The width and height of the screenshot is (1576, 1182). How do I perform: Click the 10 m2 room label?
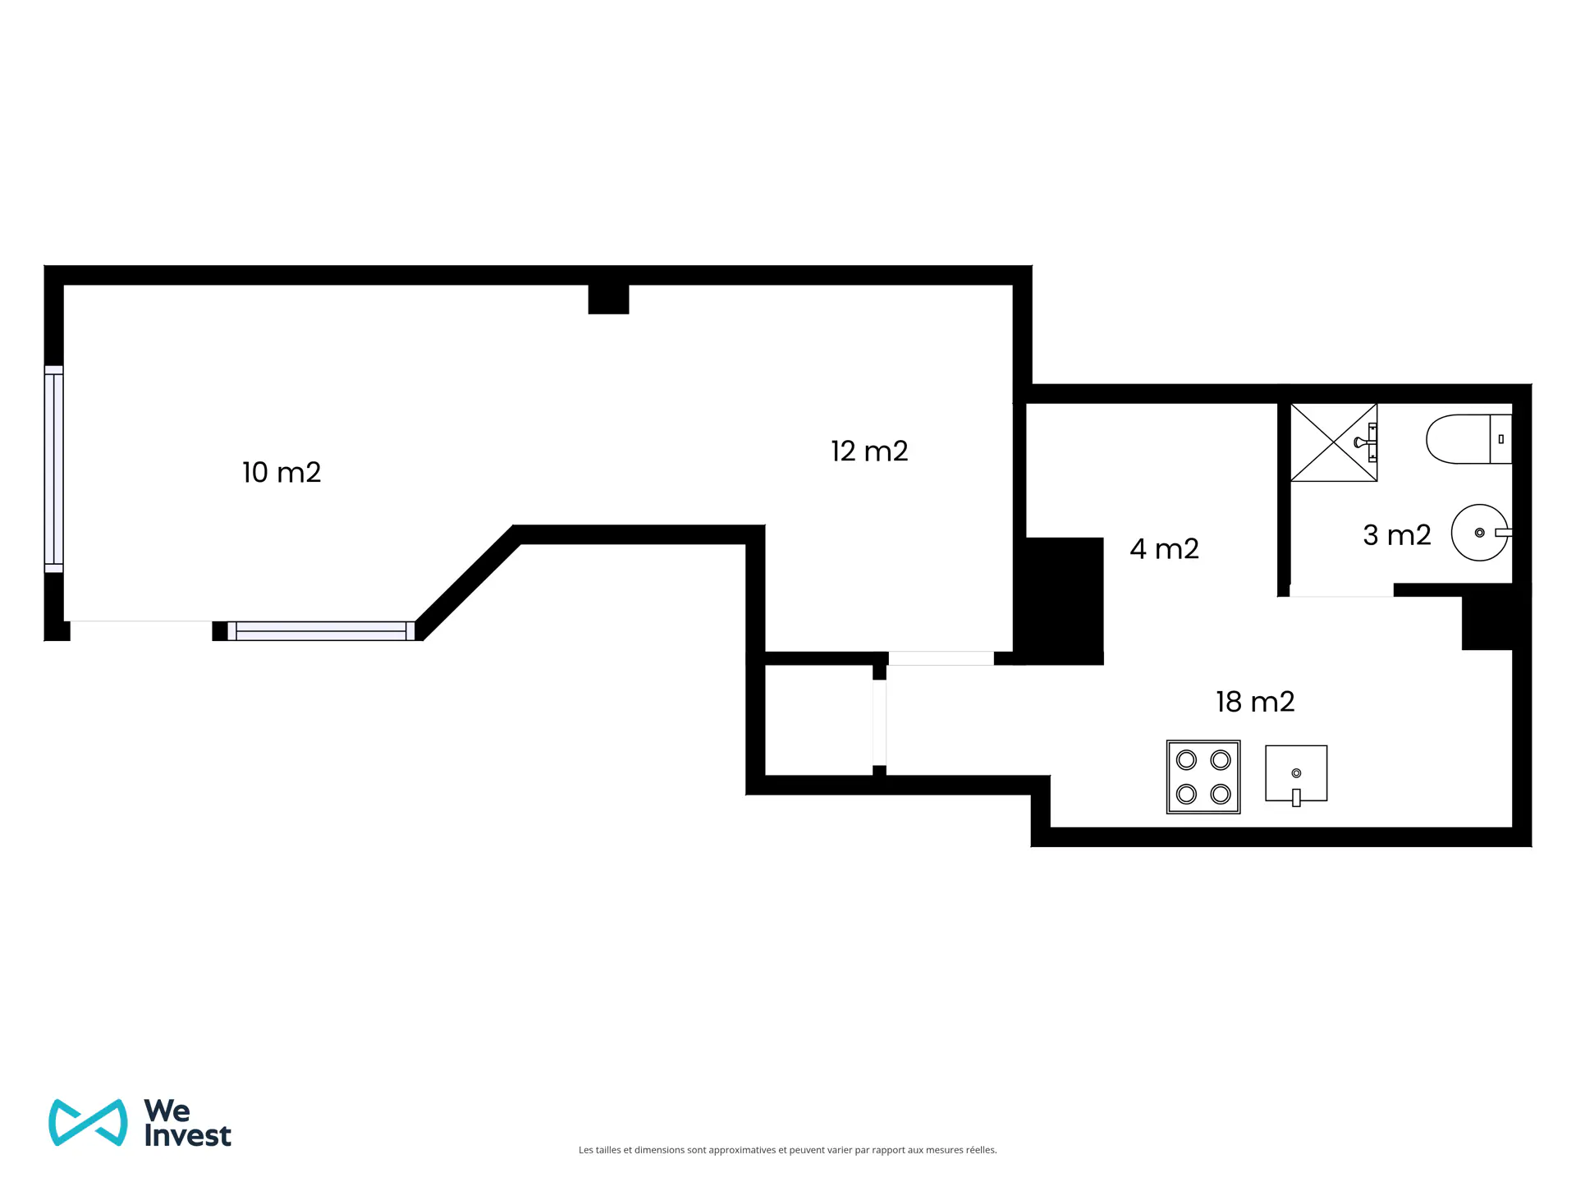tap(282, 472)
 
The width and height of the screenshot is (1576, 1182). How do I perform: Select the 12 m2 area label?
tap(869, 451)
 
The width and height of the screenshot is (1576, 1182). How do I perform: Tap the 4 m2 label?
tap(1164, 548)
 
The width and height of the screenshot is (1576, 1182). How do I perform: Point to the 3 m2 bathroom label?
tap(1397, 535)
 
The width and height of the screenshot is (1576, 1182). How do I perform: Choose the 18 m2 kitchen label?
tap(1255, 702)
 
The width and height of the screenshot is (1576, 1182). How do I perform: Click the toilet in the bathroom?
tap(1468, 439)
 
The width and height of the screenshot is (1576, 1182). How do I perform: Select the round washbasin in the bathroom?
tap(1481, 533)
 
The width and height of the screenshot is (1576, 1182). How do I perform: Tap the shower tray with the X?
tap(1334, 442)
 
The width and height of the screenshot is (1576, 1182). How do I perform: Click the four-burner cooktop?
tap(1203, 777)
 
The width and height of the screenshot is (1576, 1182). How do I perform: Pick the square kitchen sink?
tap(1296, 774)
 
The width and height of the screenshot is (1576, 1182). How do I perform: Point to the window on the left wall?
tap(53, 469)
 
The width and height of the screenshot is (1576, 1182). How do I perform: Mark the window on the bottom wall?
tap(321, 630)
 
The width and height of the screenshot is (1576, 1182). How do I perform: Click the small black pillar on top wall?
tap(608, 299)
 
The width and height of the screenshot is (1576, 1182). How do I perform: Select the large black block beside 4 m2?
tap(1064, 601)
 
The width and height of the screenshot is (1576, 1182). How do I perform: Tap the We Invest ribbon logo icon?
tap(88, 1122)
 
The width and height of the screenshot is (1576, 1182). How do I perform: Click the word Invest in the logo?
tap(188, 1136)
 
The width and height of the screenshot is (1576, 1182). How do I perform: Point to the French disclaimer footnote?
tap(788, 1150)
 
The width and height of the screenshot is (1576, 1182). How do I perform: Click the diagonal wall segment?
tap(468, 583)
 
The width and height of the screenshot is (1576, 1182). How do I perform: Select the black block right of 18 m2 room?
tap(1487, 623)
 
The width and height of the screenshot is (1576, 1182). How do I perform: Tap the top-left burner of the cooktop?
tap(1187, 760)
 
